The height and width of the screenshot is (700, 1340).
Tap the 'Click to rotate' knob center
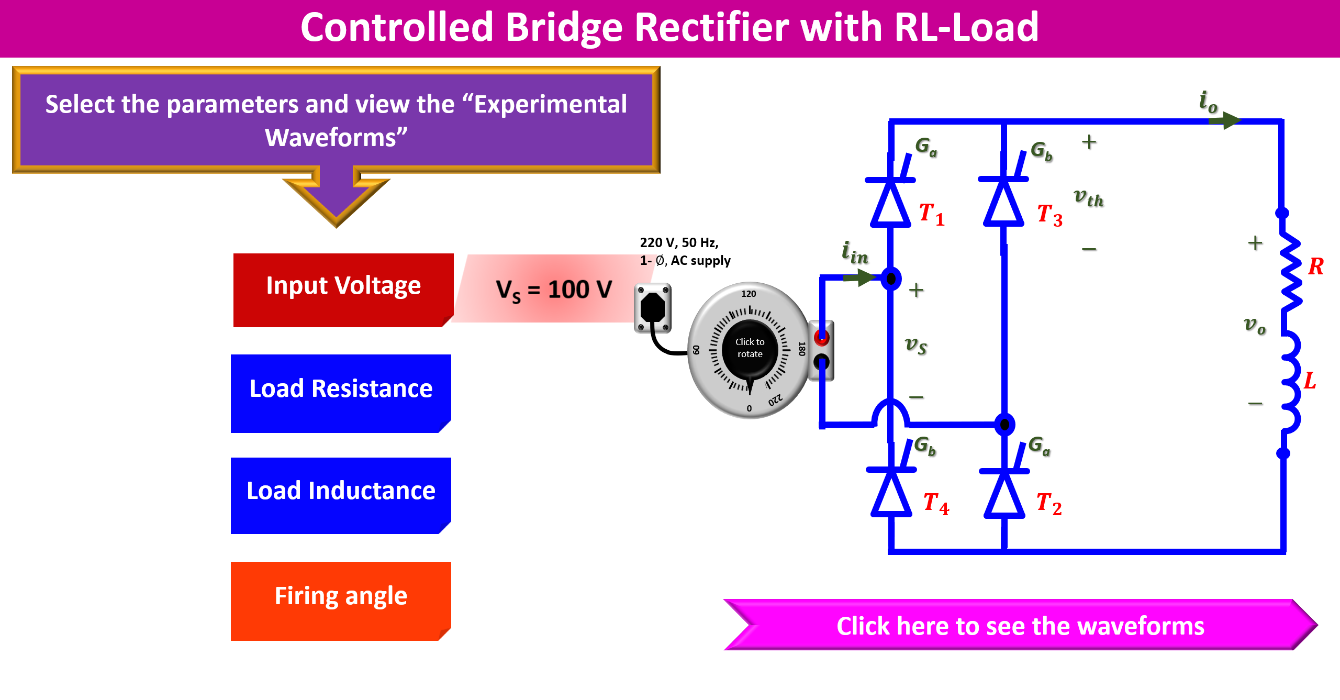pyautogui.click(x=750, y=349)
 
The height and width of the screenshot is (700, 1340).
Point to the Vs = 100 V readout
pyautogui.click(x=554, y=290)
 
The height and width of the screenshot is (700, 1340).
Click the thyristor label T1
pyautogui.click(x=932, y=214)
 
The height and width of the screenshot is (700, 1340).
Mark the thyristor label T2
pyautogui.click(x=1049, y=504)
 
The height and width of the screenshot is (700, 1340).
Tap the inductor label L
pyautogui.click(x=1310, y=381)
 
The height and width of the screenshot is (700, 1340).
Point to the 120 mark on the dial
pyautogui.click(x=749, y=294)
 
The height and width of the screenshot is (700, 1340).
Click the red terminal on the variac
pyautogui.click(x=821, y=338)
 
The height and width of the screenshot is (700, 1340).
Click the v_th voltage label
pyautogui.click(x=1088, y=197)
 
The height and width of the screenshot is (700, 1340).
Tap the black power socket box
pyautogui.click(x=652, y=308)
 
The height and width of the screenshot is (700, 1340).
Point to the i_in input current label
pyautogui.click(x=854, y=253)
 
